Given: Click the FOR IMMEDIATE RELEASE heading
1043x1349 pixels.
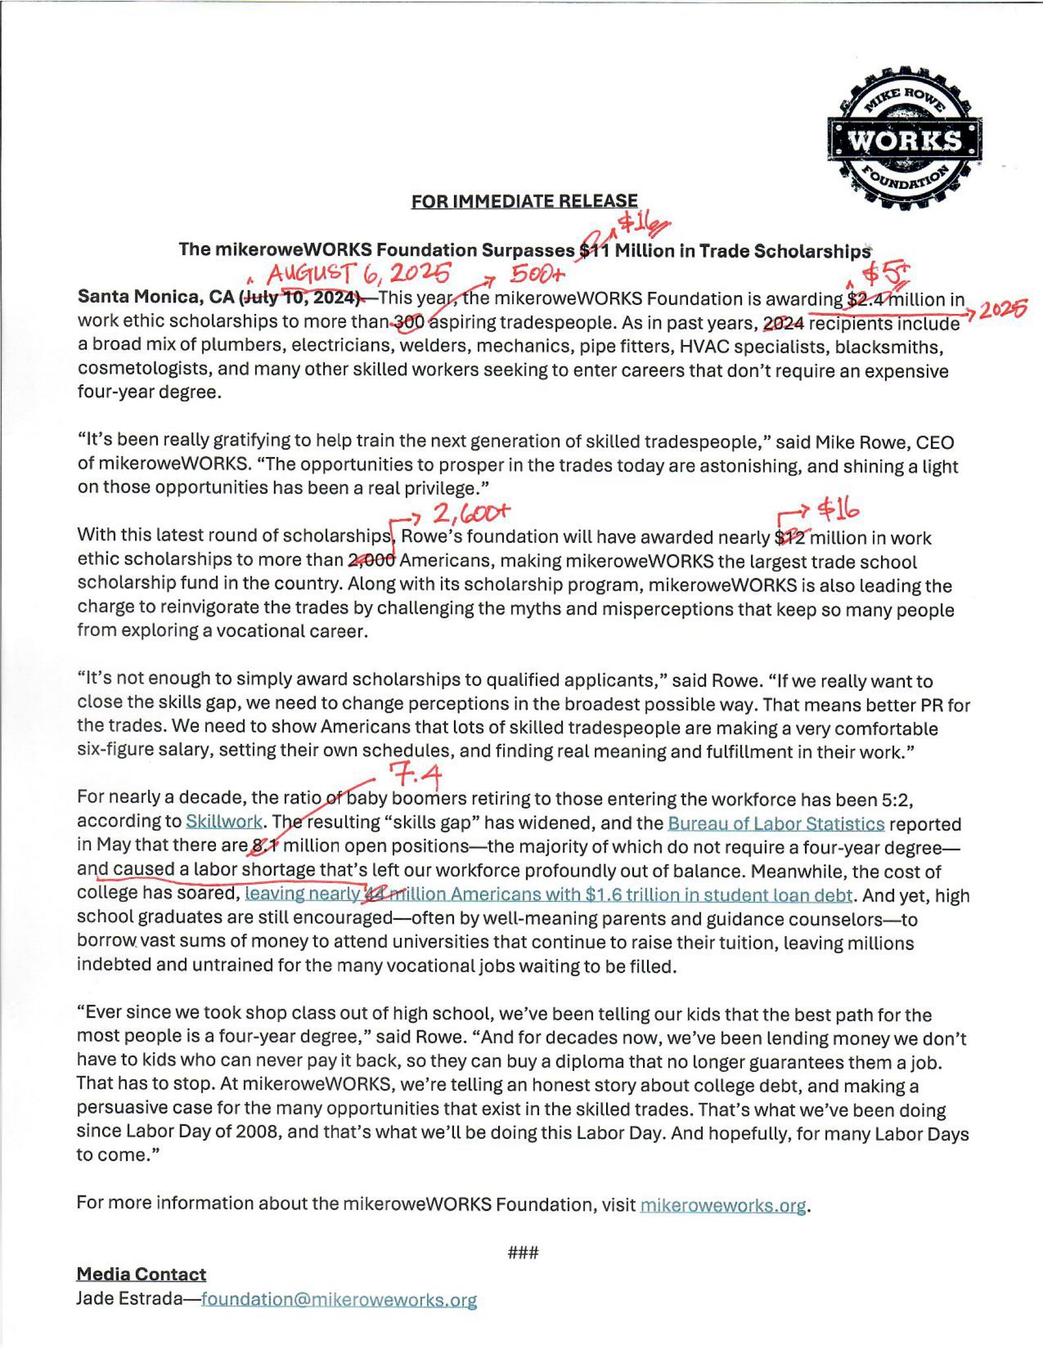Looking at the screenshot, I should pos(524,201).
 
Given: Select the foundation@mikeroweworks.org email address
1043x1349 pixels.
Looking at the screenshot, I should pos(339,1300).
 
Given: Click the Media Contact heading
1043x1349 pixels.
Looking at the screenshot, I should pos(141,1275).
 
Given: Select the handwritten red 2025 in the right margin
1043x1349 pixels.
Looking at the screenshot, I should pos(1003,310).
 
